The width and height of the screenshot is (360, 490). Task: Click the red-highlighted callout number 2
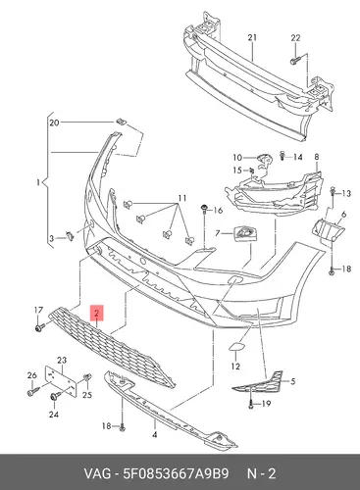(97, 313)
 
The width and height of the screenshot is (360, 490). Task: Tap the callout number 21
(252, 37)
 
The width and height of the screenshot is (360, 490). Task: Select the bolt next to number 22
(295, 60)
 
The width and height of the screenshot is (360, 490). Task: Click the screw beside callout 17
(40, 326)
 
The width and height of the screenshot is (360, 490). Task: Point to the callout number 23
(62, 360)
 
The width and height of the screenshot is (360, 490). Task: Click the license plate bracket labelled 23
(61, 381)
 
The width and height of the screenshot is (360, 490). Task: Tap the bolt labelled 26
(33, 391)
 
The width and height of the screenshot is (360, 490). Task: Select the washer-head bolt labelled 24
(56, 396)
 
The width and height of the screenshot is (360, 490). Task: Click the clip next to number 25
(87, 378)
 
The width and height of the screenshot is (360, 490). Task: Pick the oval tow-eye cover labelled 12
(234, 346)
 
